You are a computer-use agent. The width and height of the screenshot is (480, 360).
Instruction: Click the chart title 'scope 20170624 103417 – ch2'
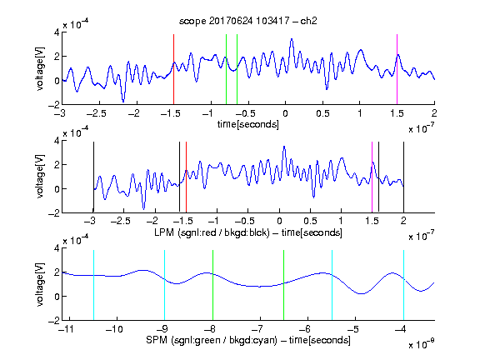(x=247, y=21)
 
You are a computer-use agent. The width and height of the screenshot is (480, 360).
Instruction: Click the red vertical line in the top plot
(x=173, y=69)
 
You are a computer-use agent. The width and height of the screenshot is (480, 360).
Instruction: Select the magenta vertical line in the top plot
(x=397, y=69)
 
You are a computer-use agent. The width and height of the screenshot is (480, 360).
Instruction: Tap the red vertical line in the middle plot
(x=186, y=177)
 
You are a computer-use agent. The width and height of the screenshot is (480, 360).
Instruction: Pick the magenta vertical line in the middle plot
(x=372, y=177)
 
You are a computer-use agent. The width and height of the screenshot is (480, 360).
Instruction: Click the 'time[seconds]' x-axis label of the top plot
(x=248, y=124)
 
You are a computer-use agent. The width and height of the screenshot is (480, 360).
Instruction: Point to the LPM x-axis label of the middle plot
(x=248, y=232)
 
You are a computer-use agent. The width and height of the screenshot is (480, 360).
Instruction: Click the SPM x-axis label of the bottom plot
(x=248, y=340)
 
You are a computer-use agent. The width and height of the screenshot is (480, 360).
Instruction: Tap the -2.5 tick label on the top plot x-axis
(x=96, y=113)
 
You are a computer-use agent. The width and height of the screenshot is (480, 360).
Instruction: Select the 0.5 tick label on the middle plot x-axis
(x=310, y=221)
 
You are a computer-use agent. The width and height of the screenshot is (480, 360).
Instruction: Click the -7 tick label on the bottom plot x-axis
(x=260, y=329)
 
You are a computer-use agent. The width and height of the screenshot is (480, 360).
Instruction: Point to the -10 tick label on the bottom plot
(x=114, y=329)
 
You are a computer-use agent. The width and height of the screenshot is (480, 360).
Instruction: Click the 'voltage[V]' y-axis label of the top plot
(x=40, y=68)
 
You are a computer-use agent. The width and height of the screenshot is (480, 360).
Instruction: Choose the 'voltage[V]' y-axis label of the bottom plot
(x=40, y=284)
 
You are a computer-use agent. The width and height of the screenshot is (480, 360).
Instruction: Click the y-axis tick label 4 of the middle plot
(x=57, y=141)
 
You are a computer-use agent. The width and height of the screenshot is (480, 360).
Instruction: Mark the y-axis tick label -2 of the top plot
(x=54, y=105)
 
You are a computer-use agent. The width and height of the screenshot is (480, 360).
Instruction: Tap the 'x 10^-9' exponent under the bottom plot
(x=421, y=344)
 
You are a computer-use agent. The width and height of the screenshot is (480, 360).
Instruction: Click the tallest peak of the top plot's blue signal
(x=292, y=39)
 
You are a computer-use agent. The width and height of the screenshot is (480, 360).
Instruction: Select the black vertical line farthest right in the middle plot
(x=403, y=177)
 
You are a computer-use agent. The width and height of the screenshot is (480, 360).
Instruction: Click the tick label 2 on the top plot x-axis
(x=434, y=113)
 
